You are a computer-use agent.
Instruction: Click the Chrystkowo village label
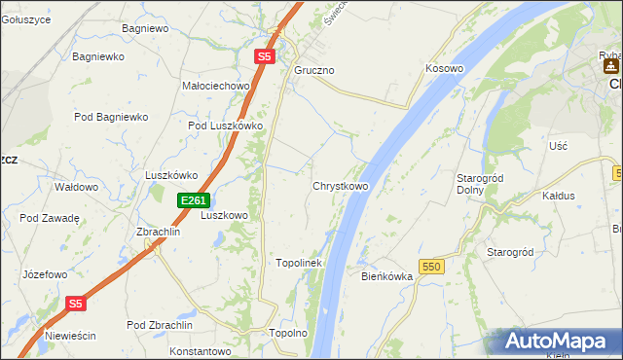[340, 186]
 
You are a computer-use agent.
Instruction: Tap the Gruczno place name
[314, 71]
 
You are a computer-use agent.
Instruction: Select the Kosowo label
[444, 69]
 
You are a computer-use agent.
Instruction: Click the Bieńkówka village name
[387, 276]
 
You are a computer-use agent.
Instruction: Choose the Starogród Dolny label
[478, 184]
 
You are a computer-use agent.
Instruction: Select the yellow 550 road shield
[432, 266]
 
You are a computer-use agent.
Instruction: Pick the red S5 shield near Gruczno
[265, 57]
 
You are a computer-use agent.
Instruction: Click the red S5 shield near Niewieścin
[77, 304]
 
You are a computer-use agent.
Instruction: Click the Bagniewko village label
[98, 56]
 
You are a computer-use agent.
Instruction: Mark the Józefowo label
[45, 275]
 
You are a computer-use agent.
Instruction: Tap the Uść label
[558, 145]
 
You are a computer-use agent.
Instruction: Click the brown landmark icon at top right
[610, 66]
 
